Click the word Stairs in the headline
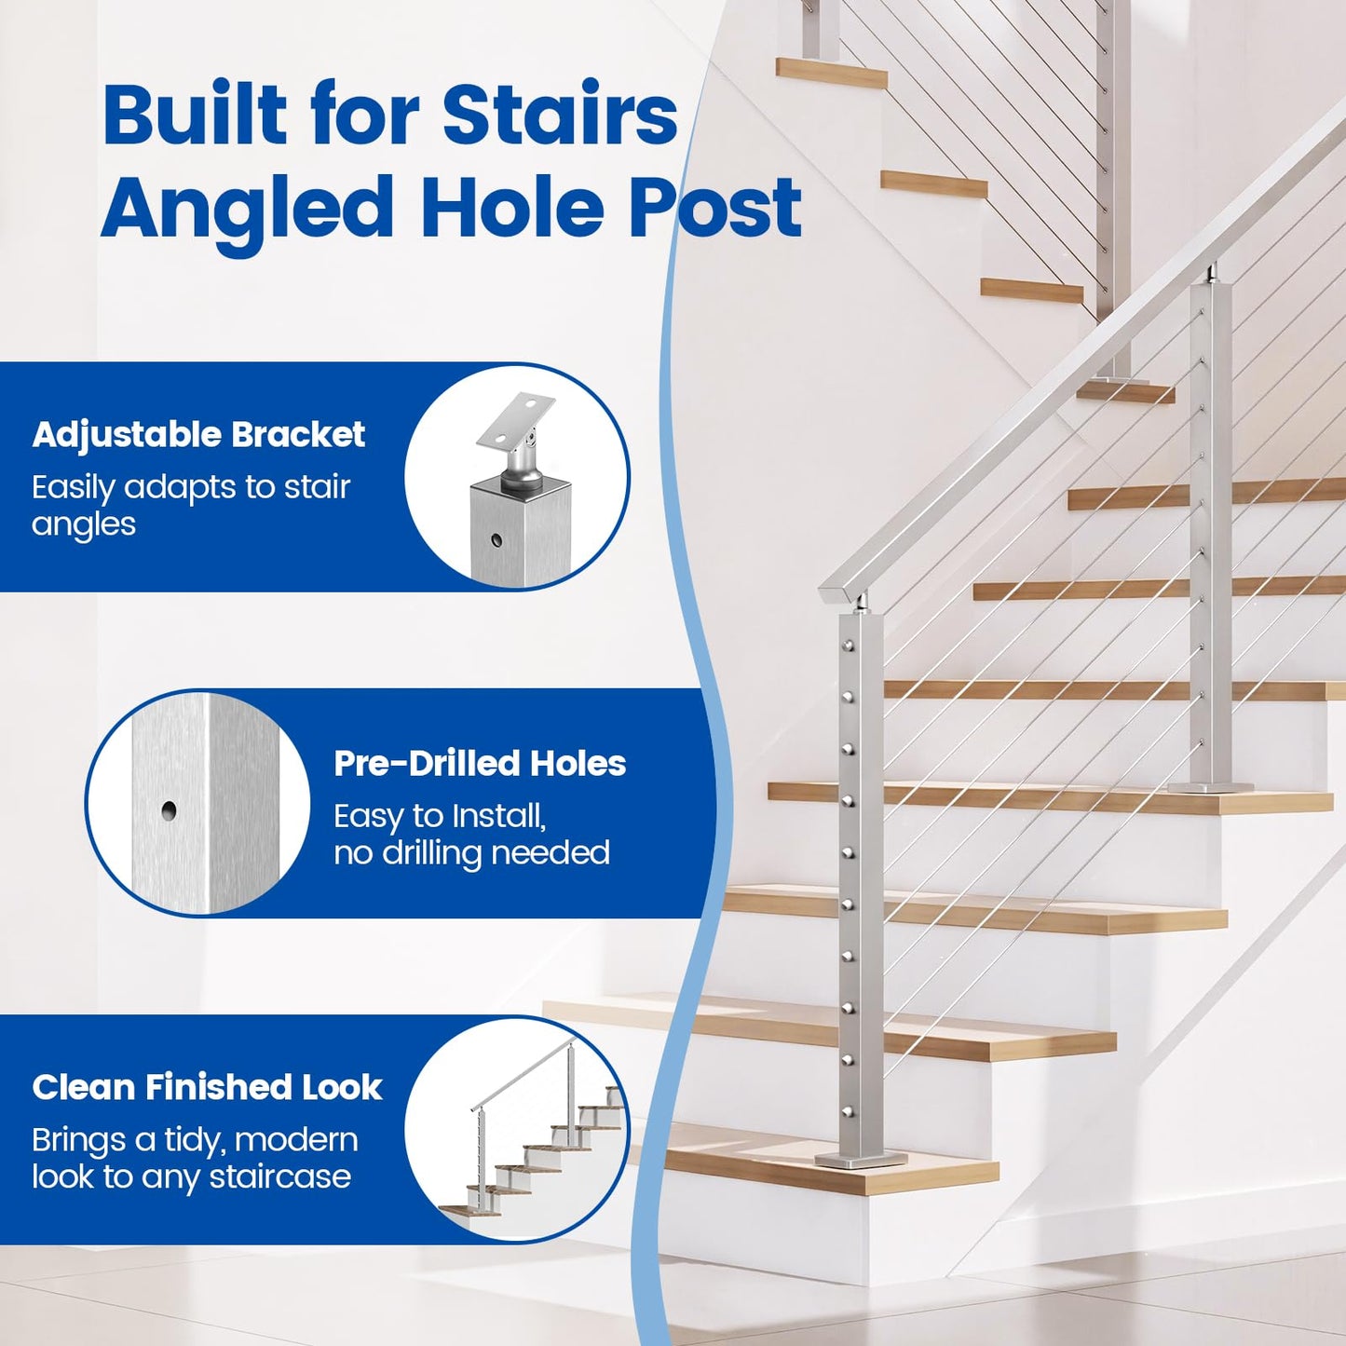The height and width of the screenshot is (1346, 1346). (x=559, y=115)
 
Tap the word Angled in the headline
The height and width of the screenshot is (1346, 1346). (x=247, y=207)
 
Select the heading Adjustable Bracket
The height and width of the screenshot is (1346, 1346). (x=198, y=435)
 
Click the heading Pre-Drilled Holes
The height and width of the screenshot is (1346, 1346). (x=480, y=764)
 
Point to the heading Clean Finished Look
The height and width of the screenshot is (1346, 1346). (x=207, y=1087)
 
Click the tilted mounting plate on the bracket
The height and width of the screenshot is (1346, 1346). (x=515, y=420)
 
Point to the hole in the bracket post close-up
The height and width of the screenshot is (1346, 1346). (x=496, y=539)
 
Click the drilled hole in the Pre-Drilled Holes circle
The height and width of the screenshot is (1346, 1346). (x=169, y=810)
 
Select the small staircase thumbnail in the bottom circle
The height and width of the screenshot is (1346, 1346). (x=532, y=1136)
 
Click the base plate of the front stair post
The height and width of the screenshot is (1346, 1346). (x=861, y=1159)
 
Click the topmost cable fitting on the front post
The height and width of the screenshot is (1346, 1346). (x=850, y=644)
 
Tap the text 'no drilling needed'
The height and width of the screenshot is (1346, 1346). (x=471, y=853)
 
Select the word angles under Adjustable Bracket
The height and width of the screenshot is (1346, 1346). (x=84, y=525)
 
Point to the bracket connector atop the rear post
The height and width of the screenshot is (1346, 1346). (x=1212, y=275)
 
